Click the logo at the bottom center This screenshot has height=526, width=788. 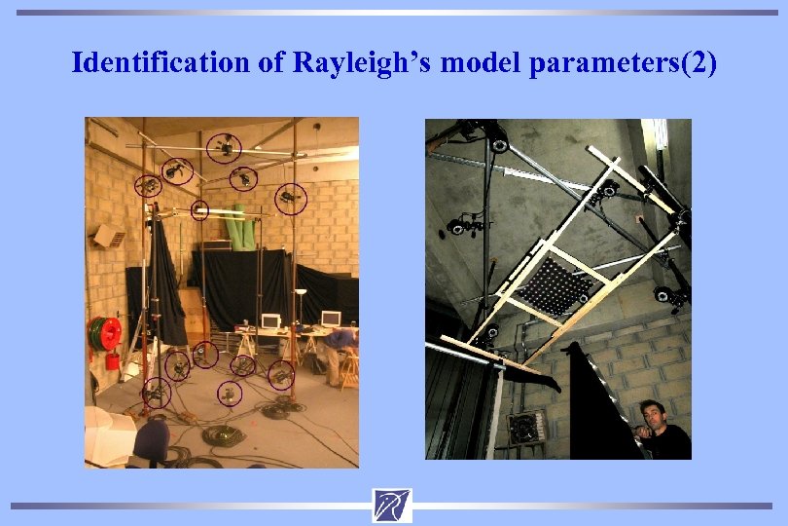[391, 506]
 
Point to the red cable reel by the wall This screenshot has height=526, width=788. [105, 333]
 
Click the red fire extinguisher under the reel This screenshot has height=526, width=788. [113, 360]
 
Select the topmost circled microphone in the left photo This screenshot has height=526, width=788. [226, 147]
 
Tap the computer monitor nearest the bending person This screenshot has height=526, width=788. [330, 319]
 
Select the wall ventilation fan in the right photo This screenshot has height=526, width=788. [525, 426]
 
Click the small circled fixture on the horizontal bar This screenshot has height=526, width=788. [199, 208]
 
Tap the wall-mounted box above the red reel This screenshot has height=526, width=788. [109, 237]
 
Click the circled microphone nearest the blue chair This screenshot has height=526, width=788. [156, 394]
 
